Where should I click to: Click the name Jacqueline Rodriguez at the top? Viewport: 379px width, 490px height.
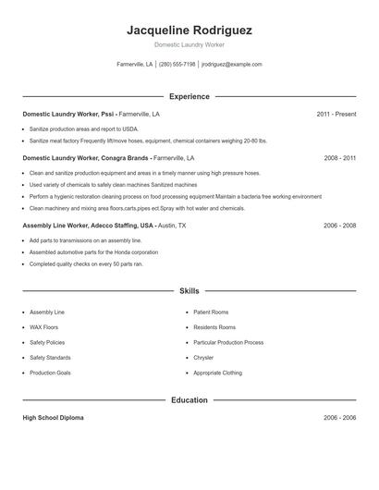pyautogui.click(x=189, y=30)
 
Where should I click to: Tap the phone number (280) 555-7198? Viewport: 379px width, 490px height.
pyautogui.click(x=177, y=65)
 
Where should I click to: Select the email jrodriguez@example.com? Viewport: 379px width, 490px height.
pyautogui.click(x=232, y=65)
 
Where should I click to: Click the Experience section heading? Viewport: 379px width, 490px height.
pyautogui.click(x=189, y=96)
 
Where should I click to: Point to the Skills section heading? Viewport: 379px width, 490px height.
pyautogui.click(x=189, y=290)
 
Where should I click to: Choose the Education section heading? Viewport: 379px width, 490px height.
pyautogui.click(x=189, y=400)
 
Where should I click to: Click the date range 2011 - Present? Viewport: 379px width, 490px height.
pyautogui.click(x=336, y=114)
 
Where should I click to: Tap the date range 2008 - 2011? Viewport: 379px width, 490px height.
pyautogui.click(x=339, y=158)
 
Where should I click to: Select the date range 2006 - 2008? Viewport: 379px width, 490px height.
pyautogui.click(x=339, y=225)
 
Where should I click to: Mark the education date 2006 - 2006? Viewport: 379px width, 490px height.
pyautogui.click(x=339, y=418)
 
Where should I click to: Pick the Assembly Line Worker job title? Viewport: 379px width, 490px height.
pyautogui.click(x=88, y=225)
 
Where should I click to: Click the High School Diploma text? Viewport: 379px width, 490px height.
pyautogui.click(x=53, y=418)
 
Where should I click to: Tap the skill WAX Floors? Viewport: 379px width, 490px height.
pyautogui.click(x=43, y=327)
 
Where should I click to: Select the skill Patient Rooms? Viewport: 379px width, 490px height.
pyautogui.click(x=211, y=312)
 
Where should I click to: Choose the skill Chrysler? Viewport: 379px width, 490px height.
pyautogui.click(x=203, y=357)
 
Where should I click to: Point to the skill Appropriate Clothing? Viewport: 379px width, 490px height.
pyautogui.click(x=217, y=373)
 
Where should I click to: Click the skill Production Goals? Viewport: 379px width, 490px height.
pyautogui.click(x=50, y=373)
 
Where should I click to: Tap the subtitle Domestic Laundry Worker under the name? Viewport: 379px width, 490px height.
pyautogui.click(x=189, y=44)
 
